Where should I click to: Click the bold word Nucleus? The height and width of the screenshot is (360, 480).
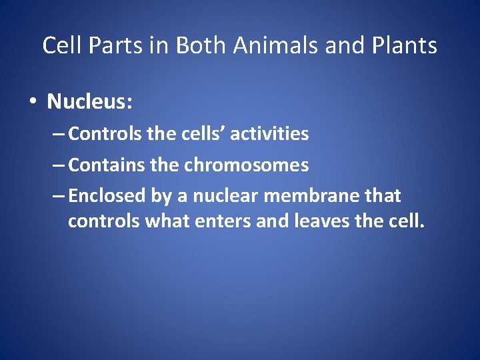point(90,102)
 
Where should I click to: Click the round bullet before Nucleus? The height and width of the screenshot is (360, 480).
point(31,103)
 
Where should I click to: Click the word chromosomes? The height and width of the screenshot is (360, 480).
point(246,165)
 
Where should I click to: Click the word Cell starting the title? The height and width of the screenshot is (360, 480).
point(58,46)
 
